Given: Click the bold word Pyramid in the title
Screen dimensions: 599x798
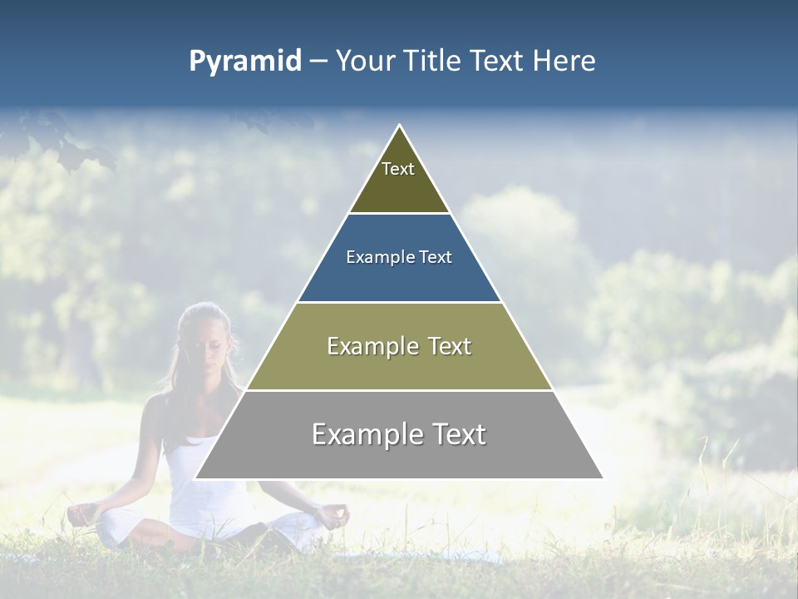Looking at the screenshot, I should [x=244, y=62].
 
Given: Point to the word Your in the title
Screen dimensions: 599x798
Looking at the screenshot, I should [x=362, y=62].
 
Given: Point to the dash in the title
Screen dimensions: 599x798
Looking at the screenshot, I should [x=318, y=62].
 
